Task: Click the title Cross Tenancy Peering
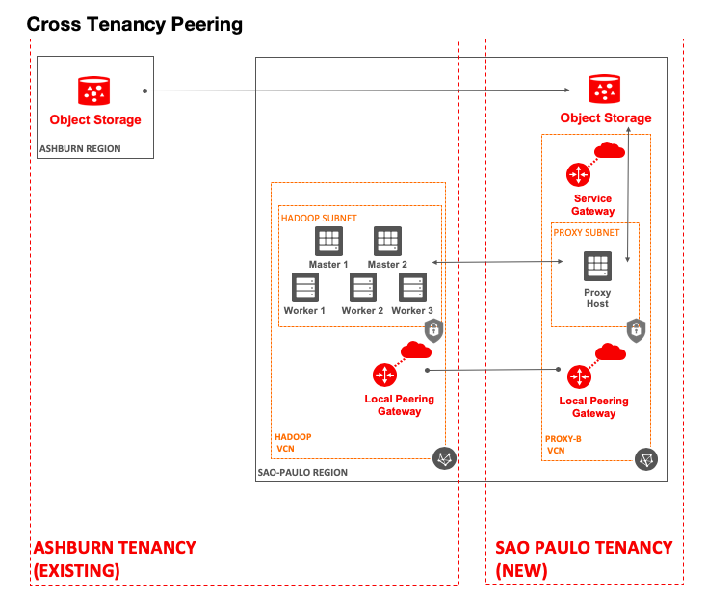134,23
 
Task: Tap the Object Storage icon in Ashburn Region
94,91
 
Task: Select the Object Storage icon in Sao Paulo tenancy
606,89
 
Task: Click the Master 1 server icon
329,242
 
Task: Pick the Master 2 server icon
387,242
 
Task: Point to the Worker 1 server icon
305,288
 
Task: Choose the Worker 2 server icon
362,288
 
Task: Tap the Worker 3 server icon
412,288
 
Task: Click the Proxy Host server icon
597,267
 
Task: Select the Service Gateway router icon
578,175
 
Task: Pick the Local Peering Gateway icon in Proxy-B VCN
579,376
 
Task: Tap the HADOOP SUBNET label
319,219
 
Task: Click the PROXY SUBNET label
586,232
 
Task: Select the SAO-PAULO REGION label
302,473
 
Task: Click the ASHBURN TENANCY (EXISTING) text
115,558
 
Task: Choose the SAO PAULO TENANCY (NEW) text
584,558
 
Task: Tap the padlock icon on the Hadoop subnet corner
434,331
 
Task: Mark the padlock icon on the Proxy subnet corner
635,330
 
